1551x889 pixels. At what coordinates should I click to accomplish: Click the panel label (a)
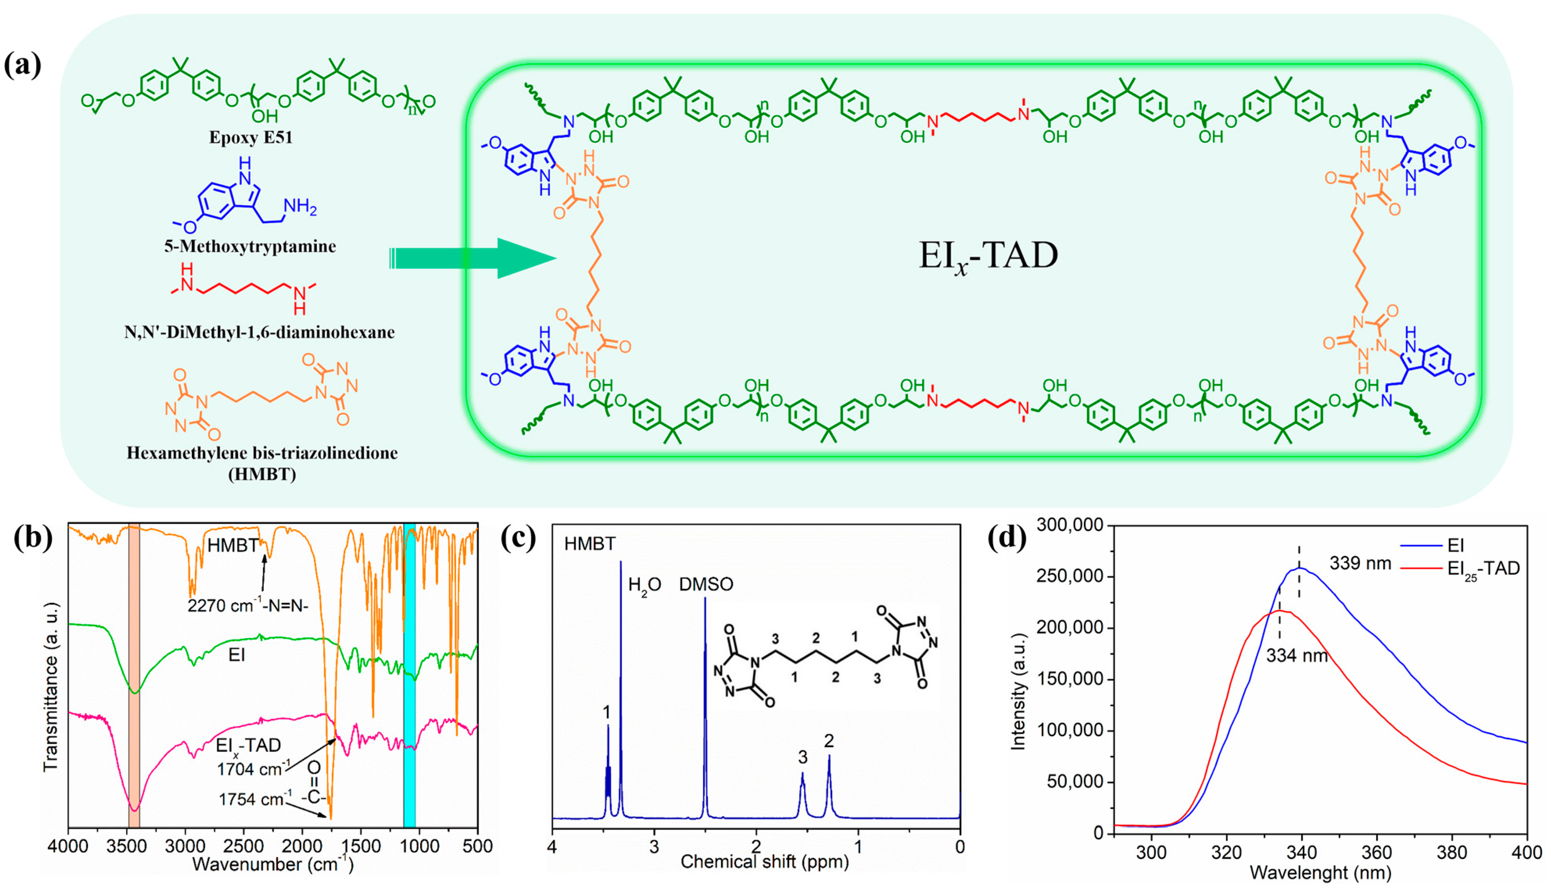pos(23,65)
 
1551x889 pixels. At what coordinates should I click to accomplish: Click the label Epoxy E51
pos(251,137)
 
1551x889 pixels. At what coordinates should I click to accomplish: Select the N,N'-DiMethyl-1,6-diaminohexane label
pos(260,332)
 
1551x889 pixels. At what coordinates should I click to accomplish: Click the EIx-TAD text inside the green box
pos(988,256)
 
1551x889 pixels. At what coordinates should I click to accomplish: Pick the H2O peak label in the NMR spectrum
pos(645,585)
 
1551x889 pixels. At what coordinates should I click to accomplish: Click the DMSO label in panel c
pos(706,584)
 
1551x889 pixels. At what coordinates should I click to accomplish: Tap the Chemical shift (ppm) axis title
pos(764,862)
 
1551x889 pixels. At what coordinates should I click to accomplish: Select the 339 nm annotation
pos(1360,563)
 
